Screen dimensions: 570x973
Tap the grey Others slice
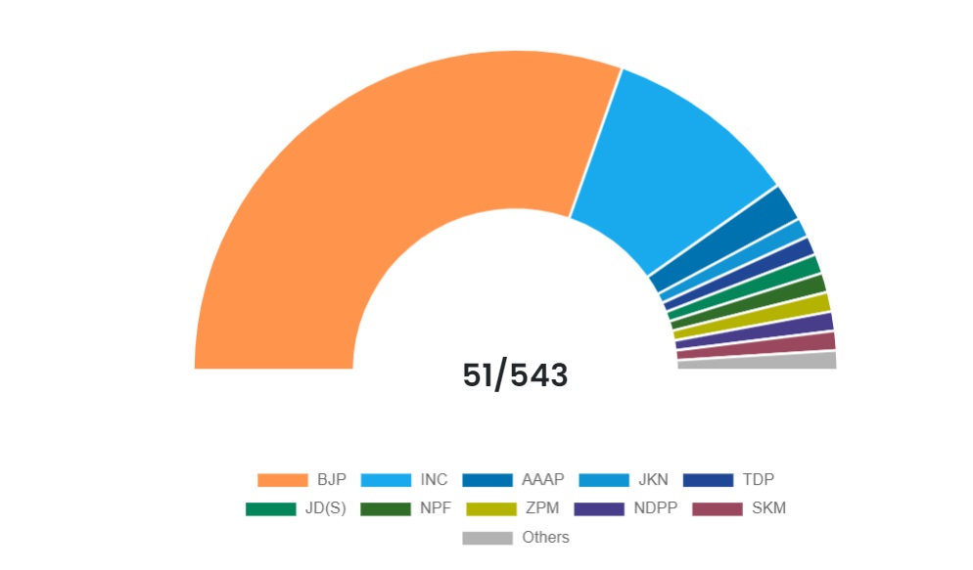click(x=757, y=362)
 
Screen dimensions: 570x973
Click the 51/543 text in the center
click(x=515, y=375)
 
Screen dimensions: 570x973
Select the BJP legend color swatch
click(x=282, y=480)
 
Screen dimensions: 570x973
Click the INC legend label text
click(x=434, y=480)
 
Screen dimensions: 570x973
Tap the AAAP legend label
click(x=543, y=480)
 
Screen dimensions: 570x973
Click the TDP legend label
click(x=759, y=480)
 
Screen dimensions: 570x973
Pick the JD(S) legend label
click(x=326, y=508)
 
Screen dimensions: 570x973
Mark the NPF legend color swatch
click(x=385, y=508)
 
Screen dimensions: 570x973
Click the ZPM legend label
click(x=542, y=508)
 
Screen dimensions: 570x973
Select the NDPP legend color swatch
click(x=599, y=508)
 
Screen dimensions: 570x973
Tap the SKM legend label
click(x=768, y=508)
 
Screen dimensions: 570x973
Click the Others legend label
click(x=545, y=538)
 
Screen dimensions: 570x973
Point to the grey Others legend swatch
click(x=487, y=538)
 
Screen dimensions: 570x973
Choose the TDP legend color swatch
click(x=708, y=480)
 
